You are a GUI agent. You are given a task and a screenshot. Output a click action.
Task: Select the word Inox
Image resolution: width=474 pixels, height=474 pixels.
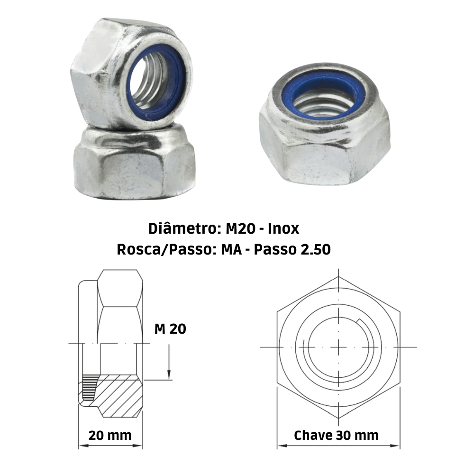[x=283, y=229]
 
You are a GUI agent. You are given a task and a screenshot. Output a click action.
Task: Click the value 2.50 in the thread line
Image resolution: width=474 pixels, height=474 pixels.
[x=315, y=249]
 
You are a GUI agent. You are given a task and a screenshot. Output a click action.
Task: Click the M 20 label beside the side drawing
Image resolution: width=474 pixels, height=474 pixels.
[x=170, y=329]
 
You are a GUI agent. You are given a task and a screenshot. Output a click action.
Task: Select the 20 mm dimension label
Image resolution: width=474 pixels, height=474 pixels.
[x=110, y=435]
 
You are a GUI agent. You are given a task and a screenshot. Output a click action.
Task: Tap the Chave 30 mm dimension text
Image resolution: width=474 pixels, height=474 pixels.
[x=337, y=435]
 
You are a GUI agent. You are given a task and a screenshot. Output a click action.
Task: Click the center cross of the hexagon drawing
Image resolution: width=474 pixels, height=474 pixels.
[x=338, y=347]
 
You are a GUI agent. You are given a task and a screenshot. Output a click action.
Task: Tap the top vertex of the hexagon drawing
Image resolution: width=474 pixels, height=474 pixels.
[x=338, y=276]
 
